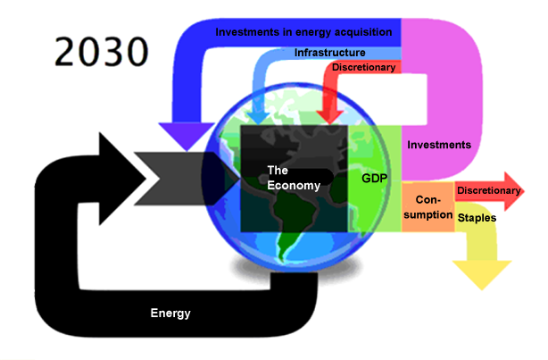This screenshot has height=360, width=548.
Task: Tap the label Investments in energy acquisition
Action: [303, 32]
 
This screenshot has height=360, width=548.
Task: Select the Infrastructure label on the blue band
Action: [329, 53]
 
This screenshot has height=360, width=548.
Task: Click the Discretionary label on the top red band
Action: [364, 68]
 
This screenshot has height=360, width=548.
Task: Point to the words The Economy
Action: [294, 176]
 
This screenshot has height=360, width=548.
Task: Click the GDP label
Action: [374, 179]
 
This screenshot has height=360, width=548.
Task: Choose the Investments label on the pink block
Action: [438, 144]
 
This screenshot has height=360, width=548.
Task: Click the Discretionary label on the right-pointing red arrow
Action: [487, 190]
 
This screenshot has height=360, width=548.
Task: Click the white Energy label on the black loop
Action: [170, 313]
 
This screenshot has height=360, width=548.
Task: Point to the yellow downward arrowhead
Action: [482, 274]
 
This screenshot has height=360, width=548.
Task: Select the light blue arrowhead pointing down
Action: [260, 116]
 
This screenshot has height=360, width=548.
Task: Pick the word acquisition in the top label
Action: [361, 32]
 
